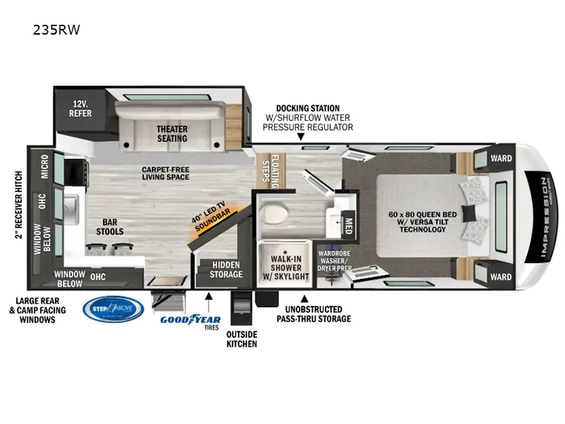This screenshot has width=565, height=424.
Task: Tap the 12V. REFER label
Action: click(80, 107)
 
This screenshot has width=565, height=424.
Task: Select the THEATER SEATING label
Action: click(172, 134)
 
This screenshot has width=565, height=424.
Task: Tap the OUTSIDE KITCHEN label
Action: click(242, 338)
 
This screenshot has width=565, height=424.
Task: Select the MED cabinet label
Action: click(348, 225)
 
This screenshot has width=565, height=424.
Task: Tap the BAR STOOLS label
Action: click(109, 226)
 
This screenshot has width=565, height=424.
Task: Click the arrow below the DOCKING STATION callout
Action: click(301, 136)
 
